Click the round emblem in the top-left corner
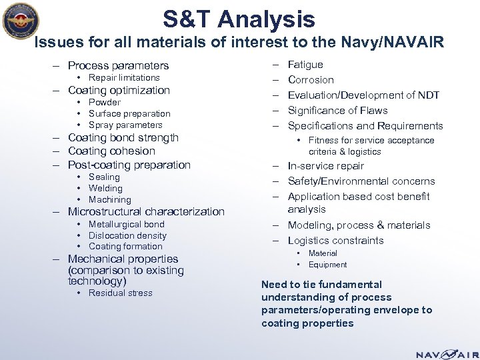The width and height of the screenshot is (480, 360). click(x=22, y=24)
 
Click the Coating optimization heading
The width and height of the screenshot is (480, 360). click(x=119, y=90)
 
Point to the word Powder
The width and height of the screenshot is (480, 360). click(x=105, y=102)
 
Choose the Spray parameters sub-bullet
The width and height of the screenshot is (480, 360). click(x=125, y=125)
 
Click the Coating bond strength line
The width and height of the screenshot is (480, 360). click(x=123, y=137)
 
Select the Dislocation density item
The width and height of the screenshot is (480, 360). click(x=127, y=235)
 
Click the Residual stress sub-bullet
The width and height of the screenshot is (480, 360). click(x=120, y=293)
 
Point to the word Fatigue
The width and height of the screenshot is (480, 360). click(x=305, y=65)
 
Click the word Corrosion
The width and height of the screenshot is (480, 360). click(x=311, y=80)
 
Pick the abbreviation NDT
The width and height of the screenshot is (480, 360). click(x=427, y=95)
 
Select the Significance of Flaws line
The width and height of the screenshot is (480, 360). click(x=337, y=111)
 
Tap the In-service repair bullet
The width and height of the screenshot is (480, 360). click(x=326, y=166)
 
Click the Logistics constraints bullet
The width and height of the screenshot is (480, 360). click(x=335, y=241)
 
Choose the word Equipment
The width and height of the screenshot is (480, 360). click(x=327, y=265)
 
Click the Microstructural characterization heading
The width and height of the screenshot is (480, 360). click(x=146, y=211)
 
